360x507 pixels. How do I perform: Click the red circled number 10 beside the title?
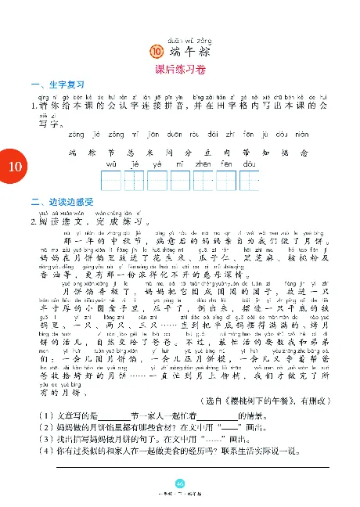click(x=154, y=52)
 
